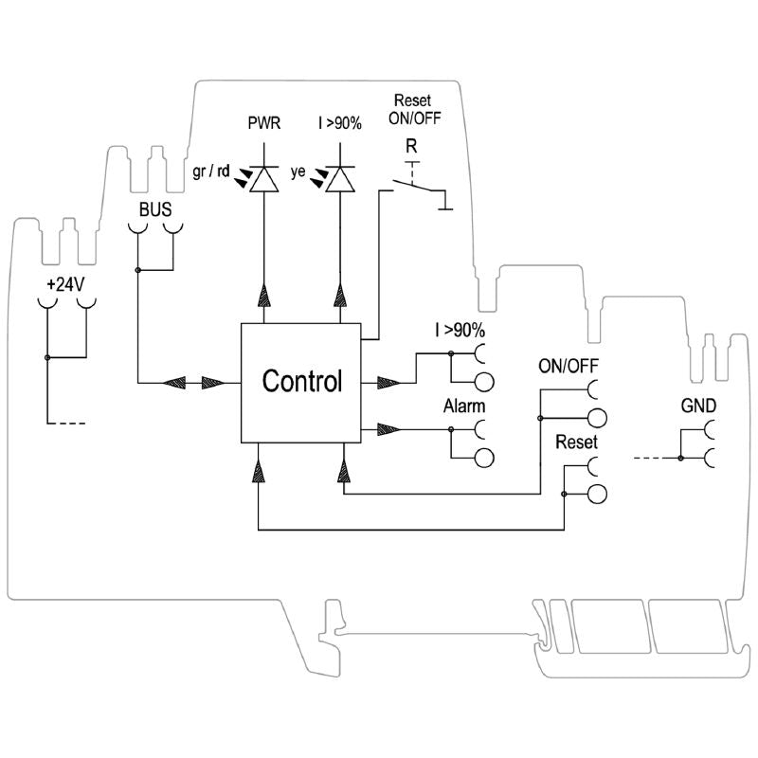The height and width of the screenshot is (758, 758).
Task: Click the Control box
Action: (x=301, y=382)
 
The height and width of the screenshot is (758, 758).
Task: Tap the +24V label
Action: (x=65, y=283)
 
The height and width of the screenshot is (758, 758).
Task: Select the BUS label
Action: (x=155, y=209)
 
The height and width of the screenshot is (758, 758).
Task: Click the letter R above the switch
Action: (x=410, y=146)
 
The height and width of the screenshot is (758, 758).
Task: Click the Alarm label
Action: (x=464, y=406)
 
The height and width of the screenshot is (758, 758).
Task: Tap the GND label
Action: (x=698, y=406)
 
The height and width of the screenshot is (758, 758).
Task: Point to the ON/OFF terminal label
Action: (x=568, y=366)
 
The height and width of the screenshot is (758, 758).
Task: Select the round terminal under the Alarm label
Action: (x=483, y=459)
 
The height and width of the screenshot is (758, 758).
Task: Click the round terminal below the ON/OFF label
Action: (x=597, y=418)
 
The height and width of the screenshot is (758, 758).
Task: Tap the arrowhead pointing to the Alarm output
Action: (x=388, y=429)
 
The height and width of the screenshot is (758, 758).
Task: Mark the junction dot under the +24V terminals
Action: (x=46, y=357)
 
